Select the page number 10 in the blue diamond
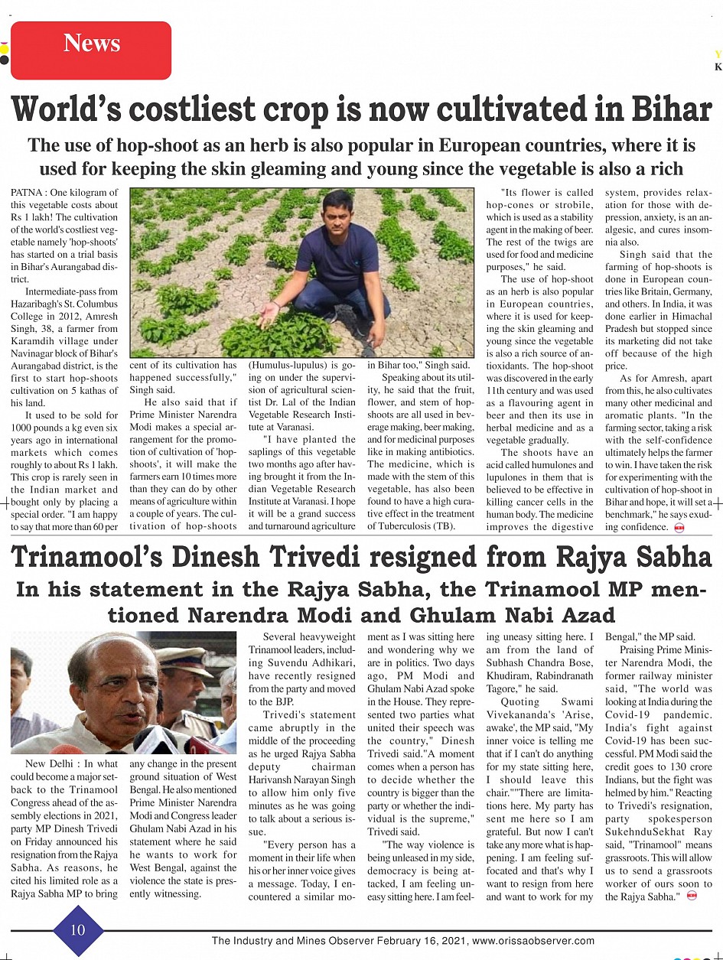(x=78, y=929)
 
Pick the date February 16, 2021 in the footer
(x=417, y=941)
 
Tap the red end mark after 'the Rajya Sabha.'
(x=692, y=896)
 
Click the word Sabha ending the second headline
(x=666, y=558)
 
